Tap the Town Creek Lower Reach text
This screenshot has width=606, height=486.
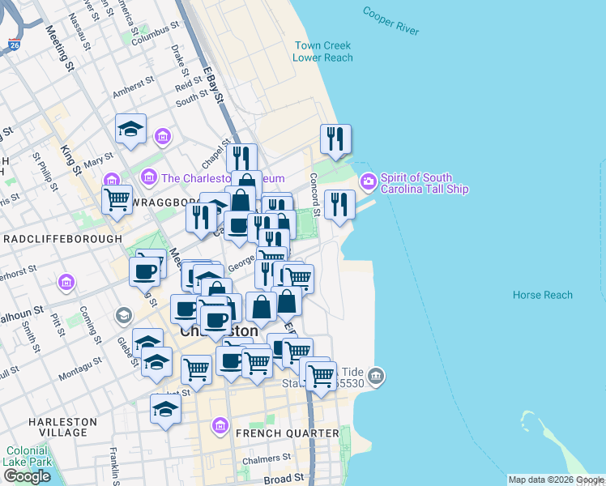(323, 52)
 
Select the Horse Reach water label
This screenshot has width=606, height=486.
(542, 296)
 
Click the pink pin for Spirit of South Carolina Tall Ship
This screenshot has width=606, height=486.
(368, 179)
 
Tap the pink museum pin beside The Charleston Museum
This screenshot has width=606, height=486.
(149, 177)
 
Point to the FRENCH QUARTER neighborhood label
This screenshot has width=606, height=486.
(287, 433)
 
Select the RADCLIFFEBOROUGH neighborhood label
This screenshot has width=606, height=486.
(63, 239)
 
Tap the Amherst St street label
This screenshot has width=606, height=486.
(134, 88)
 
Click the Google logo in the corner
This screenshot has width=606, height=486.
(27, 476)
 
